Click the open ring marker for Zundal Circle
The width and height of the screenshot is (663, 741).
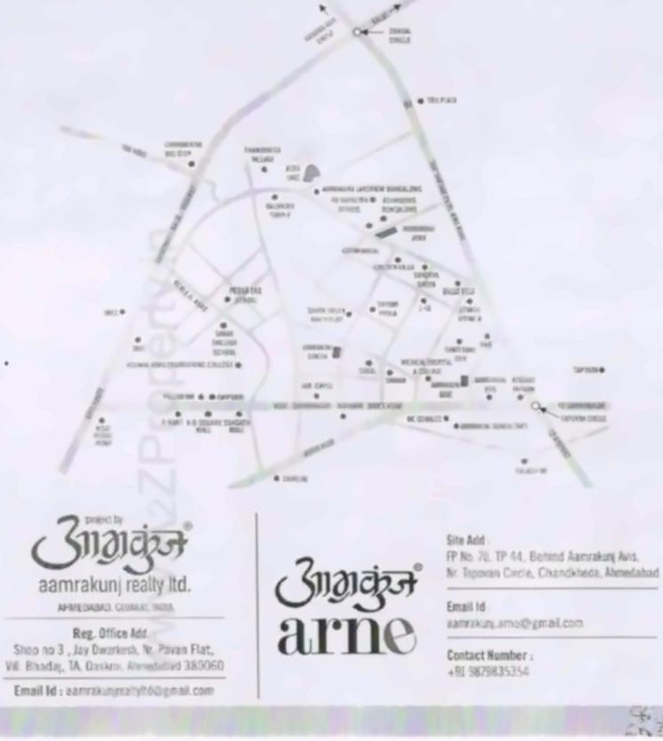(357, 31)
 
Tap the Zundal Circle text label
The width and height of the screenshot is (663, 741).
(400, 36)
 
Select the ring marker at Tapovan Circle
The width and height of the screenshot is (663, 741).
(535, 406)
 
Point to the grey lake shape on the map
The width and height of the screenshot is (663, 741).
(311, 172)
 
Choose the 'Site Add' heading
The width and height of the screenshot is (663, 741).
(466, 539)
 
